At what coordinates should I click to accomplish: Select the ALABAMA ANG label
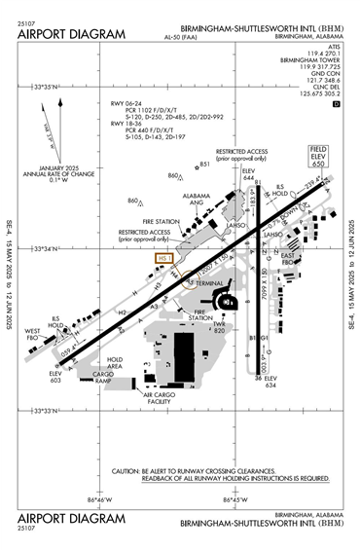198,200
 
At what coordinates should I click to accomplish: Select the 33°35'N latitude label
46,87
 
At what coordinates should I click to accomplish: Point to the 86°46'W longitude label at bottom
101,500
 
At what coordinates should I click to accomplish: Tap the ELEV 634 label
270,381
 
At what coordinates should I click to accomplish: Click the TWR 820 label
220,328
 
